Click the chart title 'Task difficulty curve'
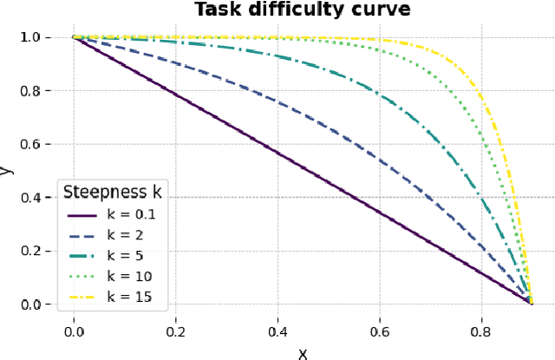coord(303,10)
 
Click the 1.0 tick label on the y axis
coord(30,37)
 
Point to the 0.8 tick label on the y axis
coord(30,91)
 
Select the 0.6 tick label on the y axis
coord(30,144)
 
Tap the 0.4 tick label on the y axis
coord(30,198)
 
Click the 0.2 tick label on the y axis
coord(30,251)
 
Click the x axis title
coord(303,351)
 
